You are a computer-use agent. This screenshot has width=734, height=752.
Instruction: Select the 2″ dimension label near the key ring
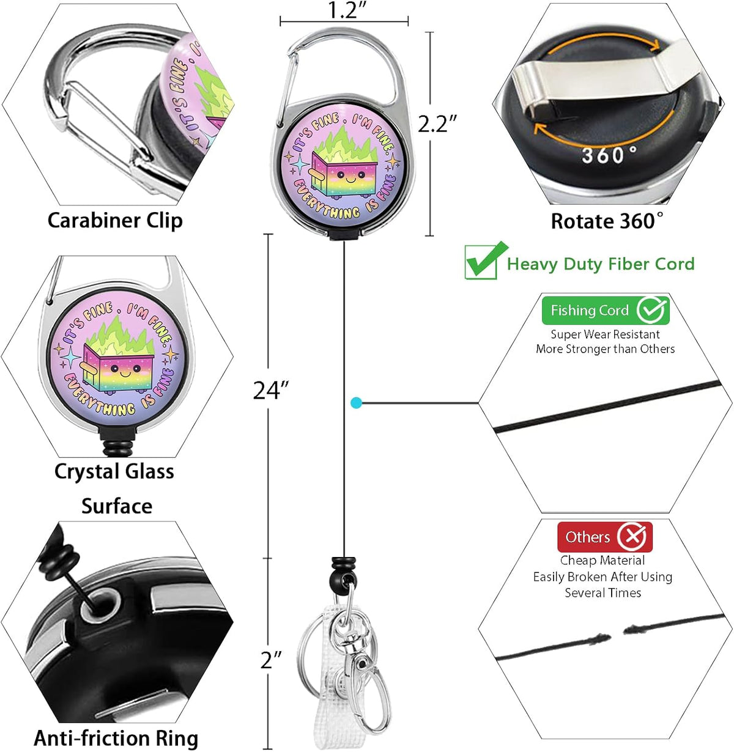click(x=271, y=660)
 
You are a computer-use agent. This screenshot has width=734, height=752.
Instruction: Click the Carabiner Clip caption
click(x=115, y=221)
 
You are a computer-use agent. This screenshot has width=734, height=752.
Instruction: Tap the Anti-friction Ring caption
click(x=116, y=738)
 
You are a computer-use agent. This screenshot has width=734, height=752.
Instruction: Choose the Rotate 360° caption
click(x=607, y=221)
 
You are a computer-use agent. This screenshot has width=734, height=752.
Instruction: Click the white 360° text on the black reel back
click(x=609, y=155)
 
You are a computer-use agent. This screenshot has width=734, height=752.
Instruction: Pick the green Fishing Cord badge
click(x=606, y=311)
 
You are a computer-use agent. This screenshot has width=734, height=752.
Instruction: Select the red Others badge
click(x=605, y=537)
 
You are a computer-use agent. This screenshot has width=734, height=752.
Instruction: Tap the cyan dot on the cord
click(x=356, y=403)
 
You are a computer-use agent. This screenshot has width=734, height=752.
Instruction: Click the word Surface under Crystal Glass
click(x=117, y=506)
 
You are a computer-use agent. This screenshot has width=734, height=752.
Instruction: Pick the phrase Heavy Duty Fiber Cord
click(x=601, y=264)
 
